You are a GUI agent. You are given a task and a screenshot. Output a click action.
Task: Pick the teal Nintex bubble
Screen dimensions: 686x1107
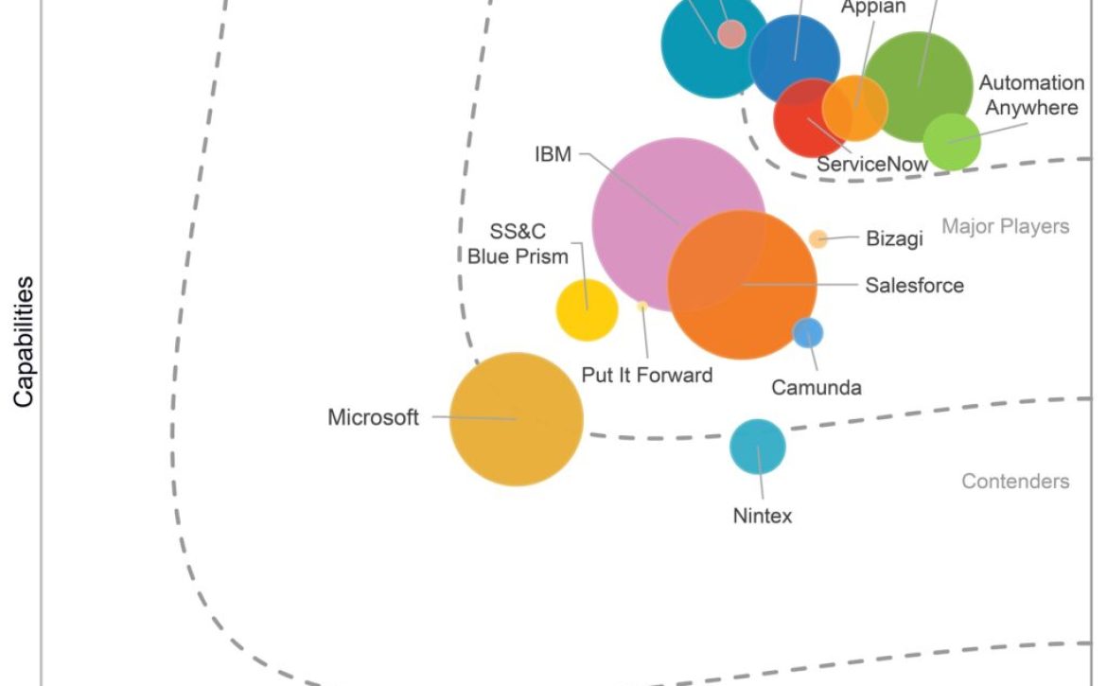point(758,446)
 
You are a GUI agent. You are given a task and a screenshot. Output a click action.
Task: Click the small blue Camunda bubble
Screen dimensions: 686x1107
point(807,332)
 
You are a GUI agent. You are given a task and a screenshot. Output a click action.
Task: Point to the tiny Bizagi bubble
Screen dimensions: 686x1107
point(817,238)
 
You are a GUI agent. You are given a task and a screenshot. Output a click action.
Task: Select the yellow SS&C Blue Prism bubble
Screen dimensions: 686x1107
point(587,309)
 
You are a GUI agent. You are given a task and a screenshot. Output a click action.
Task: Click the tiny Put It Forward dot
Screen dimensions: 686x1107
point(641,306)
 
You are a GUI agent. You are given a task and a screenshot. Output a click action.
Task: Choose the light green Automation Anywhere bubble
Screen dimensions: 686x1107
point(951,141)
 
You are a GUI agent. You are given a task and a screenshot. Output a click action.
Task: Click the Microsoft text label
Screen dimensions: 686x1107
point(373,417)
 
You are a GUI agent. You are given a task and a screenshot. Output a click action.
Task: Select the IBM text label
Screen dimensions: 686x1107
point(553,153)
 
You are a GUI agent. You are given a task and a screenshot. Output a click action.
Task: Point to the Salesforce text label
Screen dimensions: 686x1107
point(914,285)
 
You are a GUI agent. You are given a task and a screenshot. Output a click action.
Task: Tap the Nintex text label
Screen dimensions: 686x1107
point(763,516)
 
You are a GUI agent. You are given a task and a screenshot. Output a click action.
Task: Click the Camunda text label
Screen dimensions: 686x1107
point(817,387)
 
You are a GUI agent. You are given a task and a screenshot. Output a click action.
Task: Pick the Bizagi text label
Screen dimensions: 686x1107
point(894,238)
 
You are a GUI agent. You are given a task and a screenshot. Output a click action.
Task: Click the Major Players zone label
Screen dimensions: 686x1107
point(1005,226)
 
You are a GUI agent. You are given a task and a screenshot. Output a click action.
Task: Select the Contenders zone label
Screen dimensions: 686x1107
point(1015,481)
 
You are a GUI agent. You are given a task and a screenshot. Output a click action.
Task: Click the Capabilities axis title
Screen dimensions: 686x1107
point(24,342)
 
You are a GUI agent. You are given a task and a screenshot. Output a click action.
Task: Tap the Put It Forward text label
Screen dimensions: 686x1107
point(647,375)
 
